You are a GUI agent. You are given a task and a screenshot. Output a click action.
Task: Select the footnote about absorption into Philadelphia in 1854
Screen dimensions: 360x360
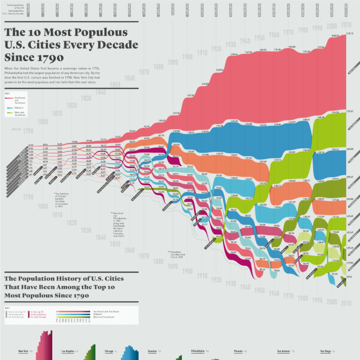click(x=121, y=224)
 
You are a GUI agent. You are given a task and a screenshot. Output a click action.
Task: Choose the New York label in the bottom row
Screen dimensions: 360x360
click(x=23, y=351)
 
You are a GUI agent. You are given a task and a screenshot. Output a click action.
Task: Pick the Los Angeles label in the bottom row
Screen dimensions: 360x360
click(x=68, y=351)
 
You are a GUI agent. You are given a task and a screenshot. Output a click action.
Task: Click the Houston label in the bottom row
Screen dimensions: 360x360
click(x=152, y=351)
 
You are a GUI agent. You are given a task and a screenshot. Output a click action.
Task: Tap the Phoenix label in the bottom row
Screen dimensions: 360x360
click(x=238, y=351)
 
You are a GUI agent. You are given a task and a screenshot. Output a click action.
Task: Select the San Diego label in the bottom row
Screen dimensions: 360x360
click(x=325, y=351)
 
